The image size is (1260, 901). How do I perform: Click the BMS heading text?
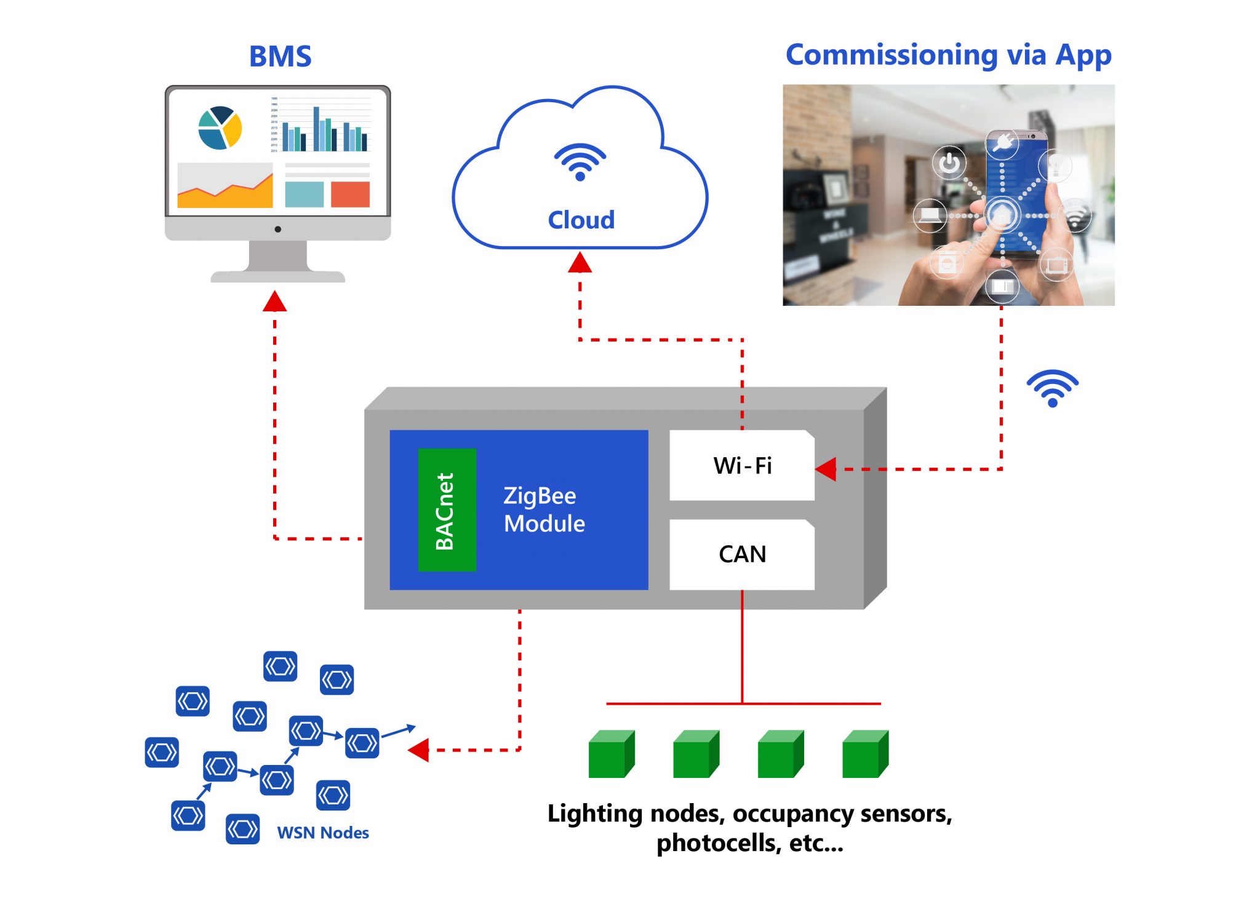pos(280,57)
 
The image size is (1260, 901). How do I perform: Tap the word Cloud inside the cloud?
pos(581,220)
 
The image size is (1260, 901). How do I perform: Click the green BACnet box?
pos(447,510)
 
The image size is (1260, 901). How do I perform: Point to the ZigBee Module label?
pos(544,510)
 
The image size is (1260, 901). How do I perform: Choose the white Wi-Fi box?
pos(741,465)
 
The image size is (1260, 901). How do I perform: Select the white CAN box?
pos(741,554)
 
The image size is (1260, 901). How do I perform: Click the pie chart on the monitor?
pos(220,128)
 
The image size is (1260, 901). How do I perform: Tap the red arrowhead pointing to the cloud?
pos(580,263)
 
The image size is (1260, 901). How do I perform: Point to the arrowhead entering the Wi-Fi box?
pos(826,469)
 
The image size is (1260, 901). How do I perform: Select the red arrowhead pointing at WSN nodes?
pos(419,750)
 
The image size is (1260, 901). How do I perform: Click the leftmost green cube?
pos(610,755)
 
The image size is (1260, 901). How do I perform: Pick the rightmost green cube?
pos(864,755)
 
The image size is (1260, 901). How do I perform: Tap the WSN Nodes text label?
pos(322,833)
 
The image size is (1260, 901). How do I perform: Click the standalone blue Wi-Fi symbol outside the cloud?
pos(1052,388)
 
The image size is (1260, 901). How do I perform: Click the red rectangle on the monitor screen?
pos(350,194)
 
